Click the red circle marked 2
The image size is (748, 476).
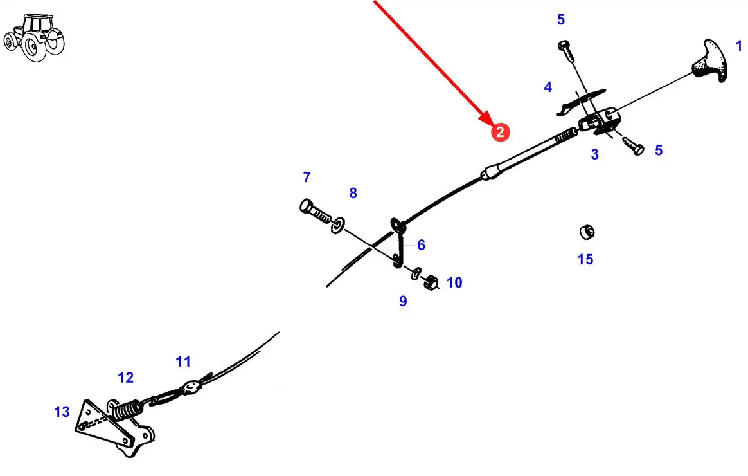tap(500, 133)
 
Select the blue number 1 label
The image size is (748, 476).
tap(738, 46)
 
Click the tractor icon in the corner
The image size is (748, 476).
tap(35, 38)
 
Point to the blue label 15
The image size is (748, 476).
tap(585, 259)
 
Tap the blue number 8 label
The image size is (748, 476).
tap(353, 193)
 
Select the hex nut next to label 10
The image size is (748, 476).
tap(432, 280)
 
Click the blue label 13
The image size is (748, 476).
tap(62, 411)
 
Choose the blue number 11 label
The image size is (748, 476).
tap(183, 362)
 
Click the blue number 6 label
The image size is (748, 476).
tap(421, 244)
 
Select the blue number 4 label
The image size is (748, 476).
tap(548, 87)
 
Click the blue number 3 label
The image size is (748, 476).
tap(594, 154)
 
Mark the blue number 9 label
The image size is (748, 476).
tap(403, 300)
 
